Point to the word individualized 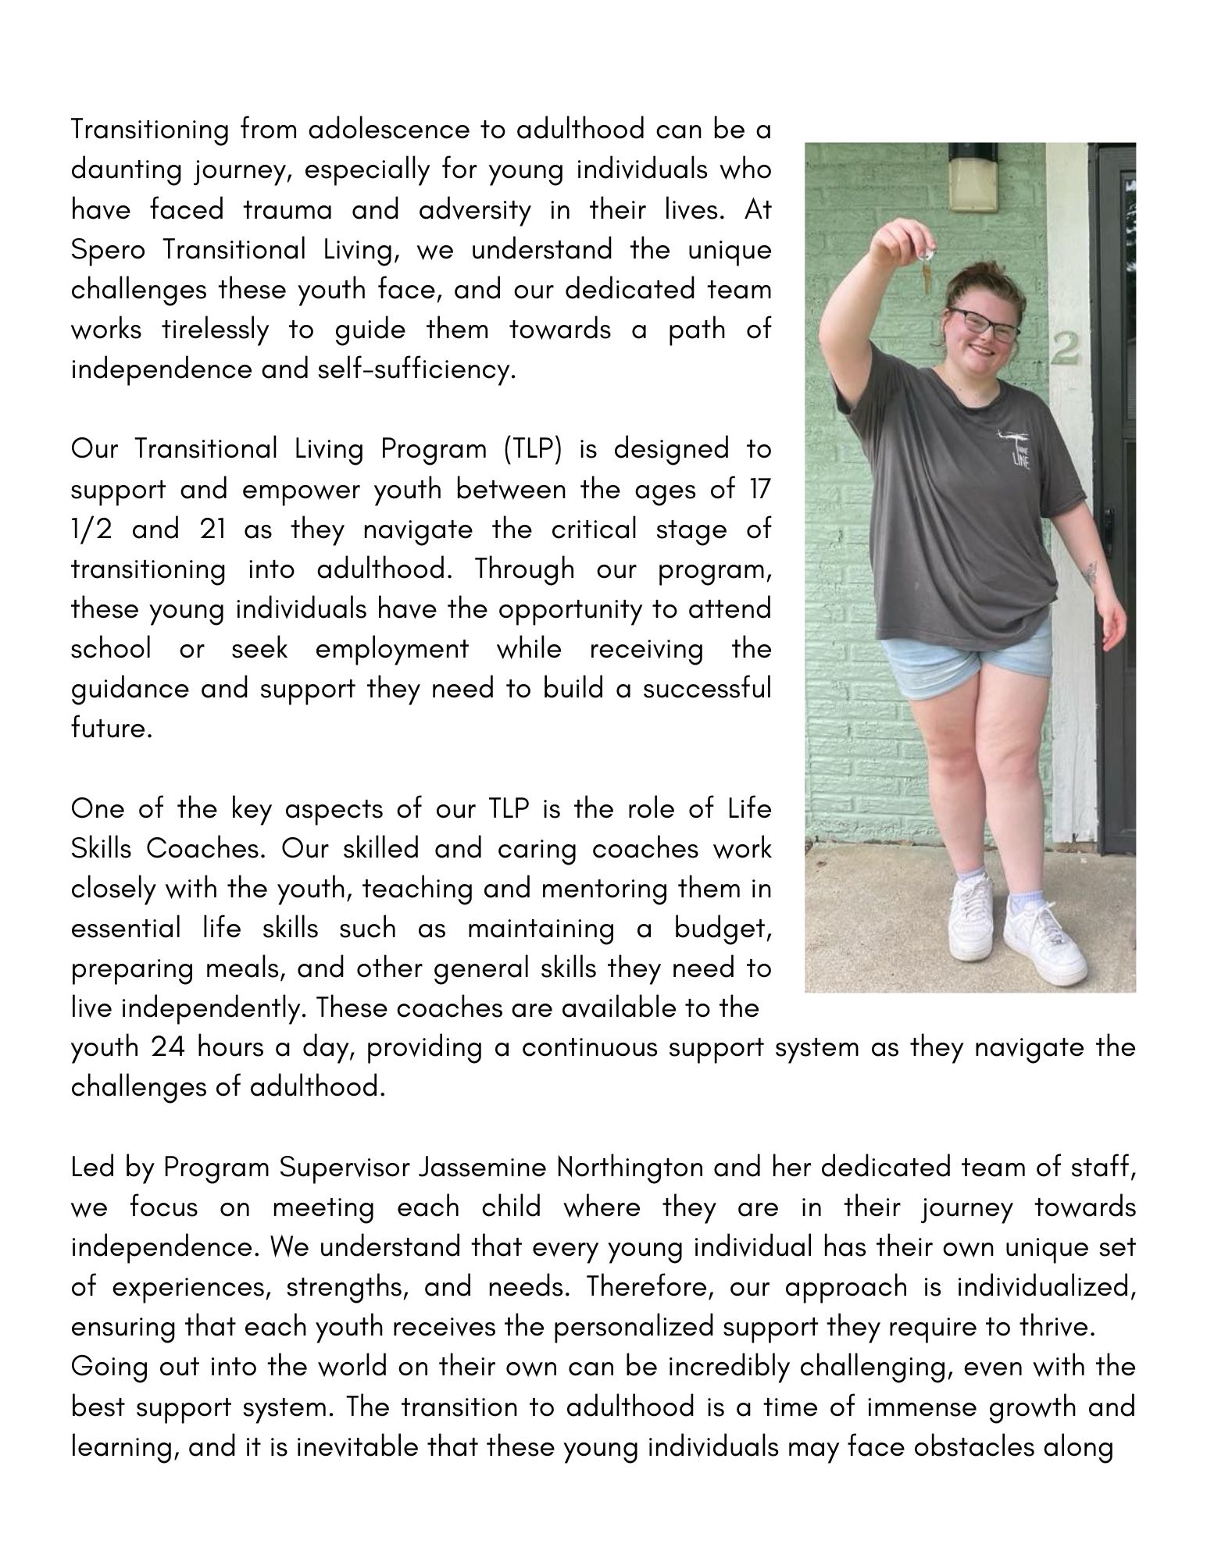[1045, 1286]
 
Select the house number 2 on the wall [1065, 348]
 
